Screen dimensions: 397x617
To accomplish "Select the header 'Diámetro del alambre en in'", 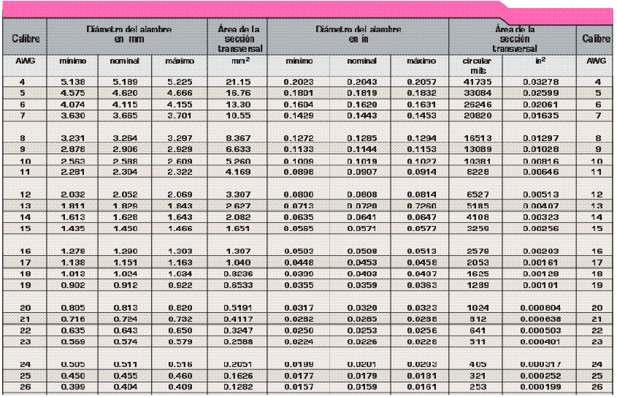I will coord(358,34).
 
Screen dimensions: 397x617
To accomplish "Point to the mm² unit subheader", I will coord(240,61).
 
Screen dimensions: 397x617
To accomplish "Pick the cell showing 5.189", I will coord(124,83).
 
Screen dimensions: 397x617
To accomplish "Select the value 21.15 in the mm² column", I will coord(240,83).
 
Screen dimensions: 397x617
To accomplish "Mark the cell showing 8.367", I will coord(240,137).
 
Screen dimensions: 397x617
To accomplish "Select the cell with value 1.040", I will coord(240,261).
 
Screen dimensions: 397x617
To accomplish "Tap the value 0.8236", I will coord(240,272).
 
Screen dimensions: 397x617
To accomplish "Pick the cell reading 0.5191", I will coord(240,308).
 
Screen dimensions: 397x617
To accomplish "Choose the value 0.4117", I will coord(240,319).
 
